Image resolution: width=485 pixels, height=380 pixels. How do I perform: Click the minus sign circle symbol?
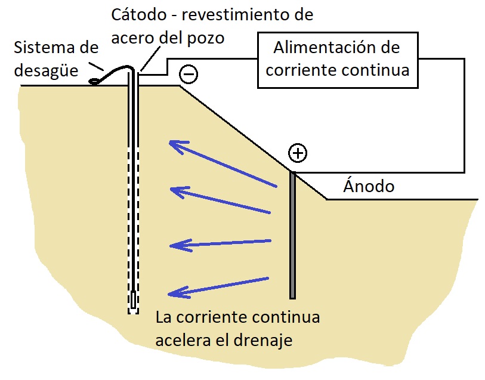tap(189, 75)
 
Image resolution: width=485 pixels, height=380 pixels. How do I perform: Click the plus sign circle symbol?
tap(297, 153)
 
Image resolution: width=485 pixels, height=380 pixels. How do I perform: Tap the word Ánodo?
tap(369, 186)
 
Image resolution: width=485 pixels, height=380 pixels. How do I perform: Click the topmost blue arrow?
tap(223, 164)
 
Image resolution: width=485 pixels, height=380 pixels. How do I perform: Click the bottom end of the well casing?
tap(133, 310)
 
